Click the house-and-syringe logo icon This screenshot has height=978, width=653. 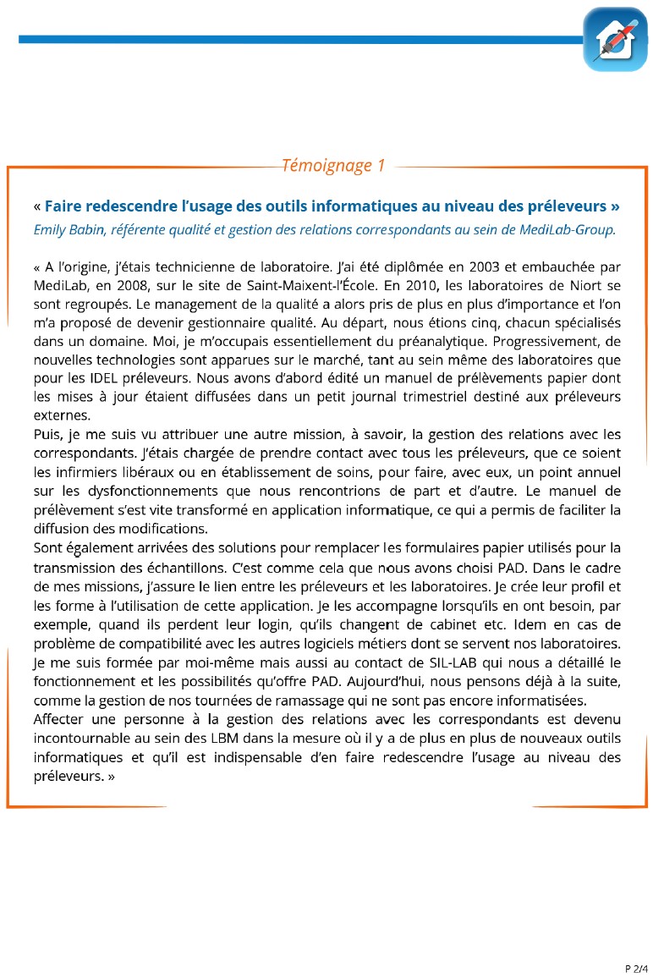pos(615,40)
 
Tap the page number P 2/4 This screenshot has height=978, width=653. pos(635,968)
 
